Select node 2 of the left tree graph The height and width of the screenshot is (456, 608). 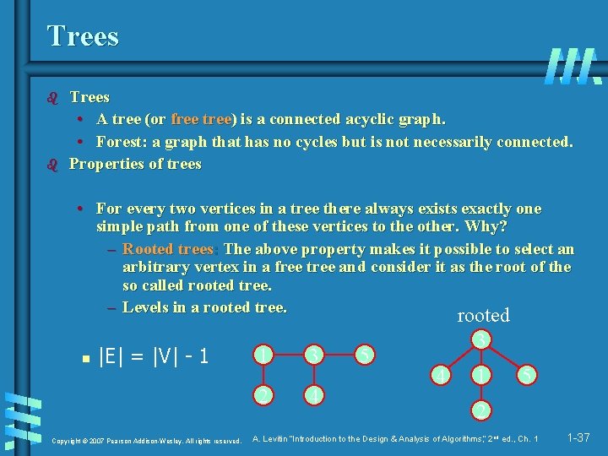pyautogui.click(x=265, y=394)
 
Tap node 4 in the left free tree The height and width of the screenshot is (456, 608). pyautogui.click(x=314, y=394)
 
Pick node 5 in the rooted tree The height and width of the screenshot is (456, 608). pyautogui.click(x=524, y=372)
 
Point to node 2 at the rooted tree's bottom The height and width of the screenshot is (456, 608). pyautogui.click(x=480, y=410)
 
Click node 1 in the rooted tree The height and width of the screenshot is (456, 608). pyautogui.click(x=480, y=372)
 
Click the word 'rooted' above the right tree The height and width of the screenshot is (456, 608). pyautogui.click(x=483, y=316)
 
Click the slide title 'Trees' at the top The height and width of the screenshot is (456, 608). pyautogui.click(x=83, y=36)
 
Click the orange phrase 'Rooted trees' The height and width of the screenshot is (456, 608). pyautogui.click(x=168, y=249)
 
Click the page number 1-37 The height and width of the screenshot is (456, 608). pyautogui.click(x=578, y=437)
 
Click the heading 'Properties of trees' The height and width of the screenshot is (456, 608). pyautogui.click(x=135, y=164)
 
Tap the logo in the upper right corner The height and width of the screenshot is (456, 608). pyautogui.click(x=573, y=66)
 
